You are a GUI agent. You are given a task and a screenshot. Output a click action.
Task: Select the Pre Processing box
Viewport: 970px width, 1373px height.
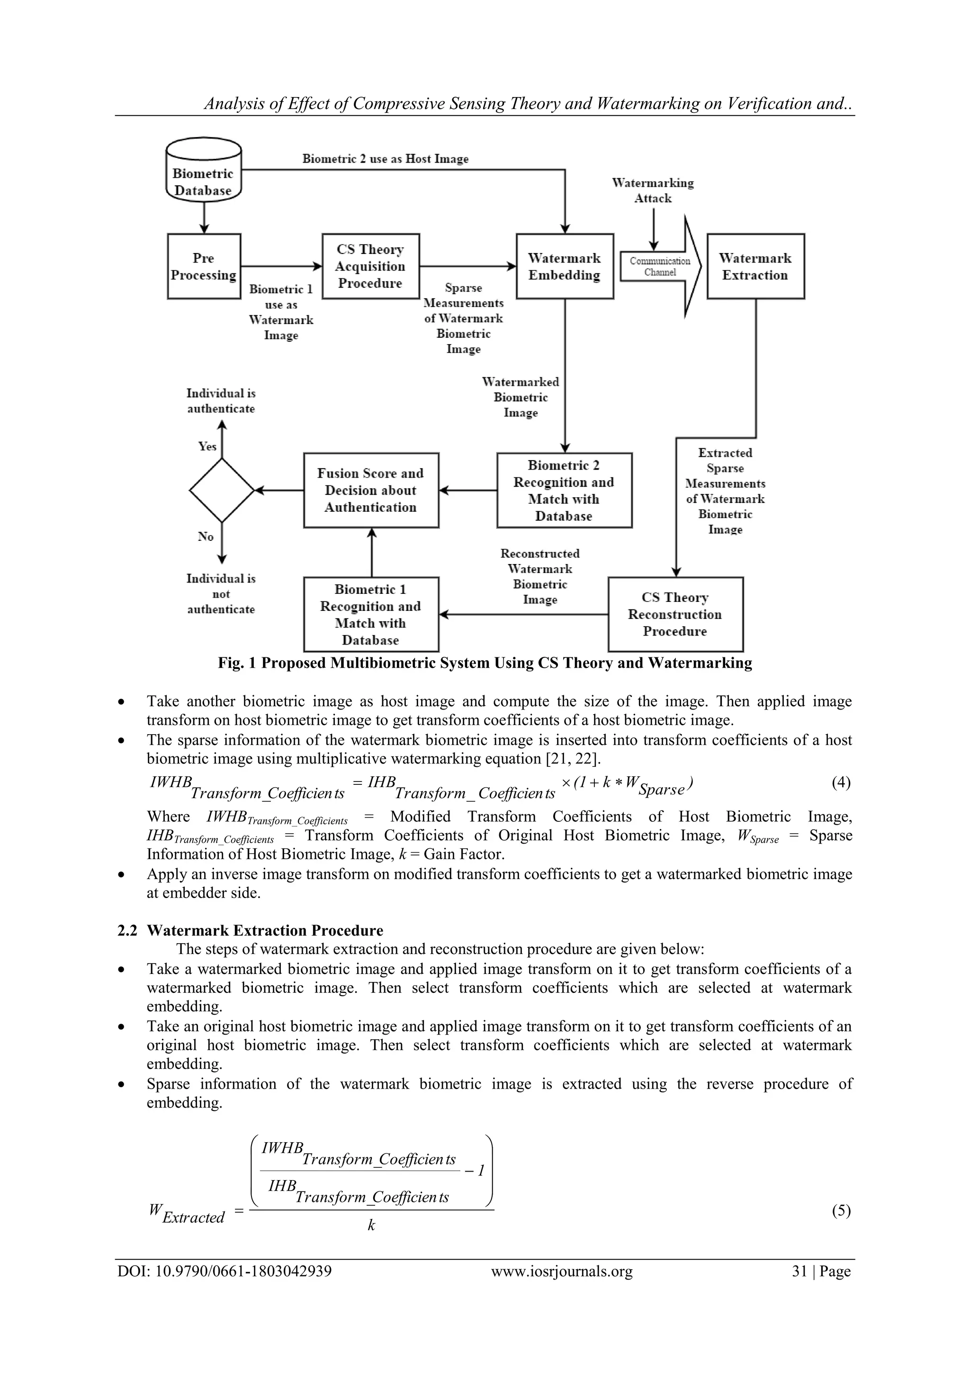point(204,267)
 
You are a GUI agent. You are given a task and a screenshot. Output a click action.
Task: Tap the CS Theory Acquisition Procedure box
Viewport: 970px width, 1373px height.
point(370,267)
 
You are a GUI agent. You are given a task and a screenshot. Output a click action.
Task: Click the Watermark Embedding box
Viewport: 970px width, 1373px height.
point(564,267)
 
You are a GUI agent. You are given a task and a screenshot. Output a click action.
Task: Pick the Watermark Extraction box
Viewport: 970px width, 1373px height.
point(755,267)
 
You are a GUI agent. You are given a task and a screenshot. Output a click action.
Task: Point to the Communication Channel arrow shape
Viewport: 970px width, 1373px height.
point(660,267)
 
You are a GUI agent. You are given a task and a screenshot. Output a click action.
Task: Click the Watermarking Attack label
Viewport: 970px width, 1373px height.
point(653,190)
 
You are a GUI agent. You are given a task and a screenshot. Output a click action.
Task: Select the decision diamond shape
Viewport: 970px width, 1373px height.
point(222,491)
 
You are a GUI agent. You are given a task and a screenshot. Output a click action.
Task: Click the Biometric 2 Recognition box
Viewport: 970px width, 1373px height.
point(564,491)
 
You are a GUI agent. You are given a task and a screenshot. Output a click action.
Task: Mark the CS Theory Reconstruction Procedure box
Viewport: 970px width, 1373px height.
point(675,614)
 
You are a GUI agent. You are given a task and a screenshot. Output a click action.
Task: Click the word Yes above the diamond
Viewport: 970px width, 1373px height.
point(207,446)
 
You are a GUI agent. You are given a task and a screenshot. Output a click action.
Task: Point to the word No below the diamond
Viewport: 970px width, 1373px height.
point(206,536)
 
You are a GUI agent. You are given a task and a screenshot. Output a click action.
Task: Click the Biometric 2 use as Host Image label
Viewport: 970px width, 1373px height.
point(385,159)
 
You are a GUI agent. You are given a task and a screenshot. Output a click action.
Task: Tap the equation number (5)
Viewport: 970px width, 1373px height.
point(840,1210)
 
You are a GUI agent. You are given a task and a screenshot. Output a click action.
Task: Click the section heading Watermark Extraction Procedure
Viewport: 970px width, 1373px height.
point(265,930)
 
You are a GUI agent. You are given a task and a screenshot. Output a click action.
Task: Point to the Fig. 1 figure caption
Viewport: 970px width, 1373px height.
point(485,663)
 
